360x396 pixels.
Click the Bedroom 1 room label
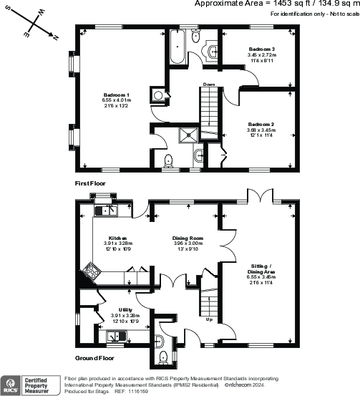coord(117,95)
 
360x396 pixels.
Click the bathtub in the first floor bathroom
coord(175,49)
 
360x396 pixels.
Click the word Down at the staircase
coord(209,84)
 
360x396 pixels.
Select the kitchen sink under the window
coord(110,210)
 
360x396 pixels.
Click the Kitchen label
coord(117,238)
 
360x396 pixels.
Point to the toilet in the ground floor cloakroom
coord(163,357)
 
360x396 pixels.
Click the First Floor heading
coord(92,184)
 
